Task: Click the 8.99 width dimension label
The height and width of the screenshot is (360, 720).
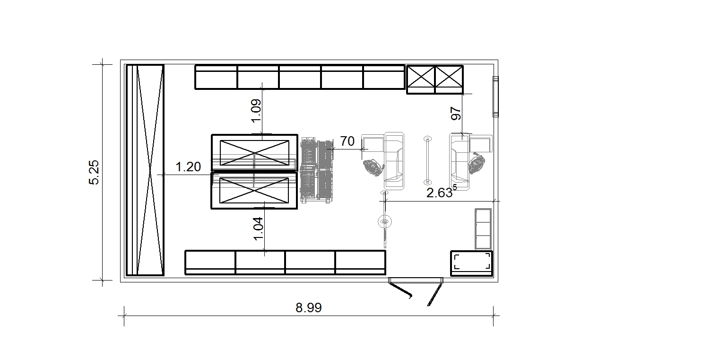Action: click(x=309, y=308)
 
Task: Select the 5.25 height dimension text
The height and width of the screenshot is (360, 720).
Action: click(x=94, y=172)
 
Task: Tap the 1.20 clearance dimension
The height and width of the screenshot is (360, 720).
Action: click(x=188, y=167)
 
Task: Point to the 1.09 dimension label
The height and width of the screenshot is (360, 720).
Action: click(x=256, y=111)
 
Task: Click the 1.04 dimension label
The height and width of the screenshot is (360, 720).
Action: click(x=259, y=229)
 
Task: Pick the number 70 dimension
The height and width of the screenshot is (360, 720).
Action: click(x=347, y=141)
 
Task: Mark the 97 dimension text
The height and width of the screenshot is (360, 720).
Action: click(x=456, y=114)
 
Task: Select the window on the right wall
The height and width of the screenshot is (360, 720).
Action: click(x=495, y=97)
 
